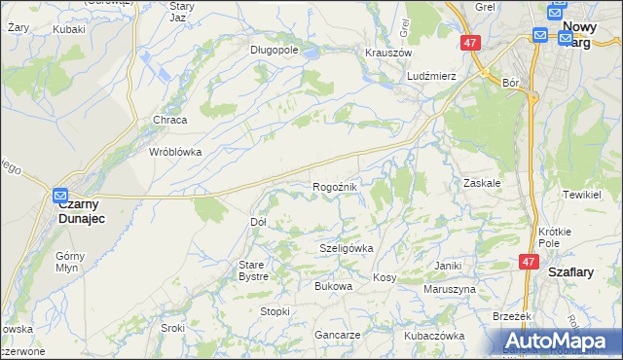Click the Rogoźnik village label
point(336,187)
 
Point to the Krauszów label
point(389,53)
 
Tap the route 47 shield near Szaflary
point(529,262)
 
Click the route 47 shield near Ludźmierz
point(470,43)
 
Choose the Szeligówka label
point(347,248)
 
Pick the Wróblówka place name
point(174,152)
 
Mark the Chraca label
point(169,120)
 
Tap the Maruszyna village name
point(450,289)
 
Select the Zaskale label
point(482,182)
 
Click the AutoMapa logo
point(559,340)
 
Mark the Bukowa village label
point(332,286)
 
